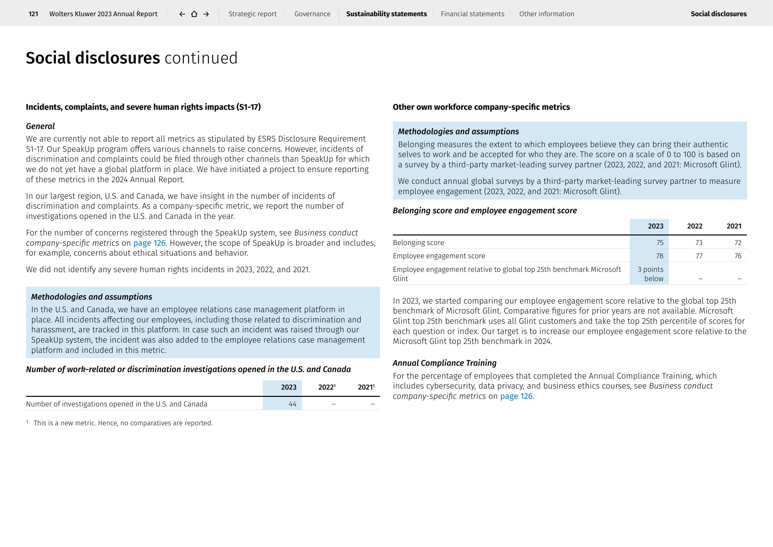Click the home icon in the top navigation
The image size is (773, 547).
(x=194, y=14)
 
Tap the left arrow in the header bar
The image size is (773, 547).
(x=182, y=14)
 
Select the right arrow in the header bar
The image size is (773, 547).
(x=206, y=14)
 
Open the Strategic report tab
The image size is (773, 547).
(x=252, y=14)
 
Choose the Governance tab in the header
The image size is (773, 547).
(x=312, y=14)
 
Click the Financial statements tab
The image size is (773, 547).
(x=472, y=14)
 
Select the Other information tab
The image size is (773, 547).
(x=546, y=14)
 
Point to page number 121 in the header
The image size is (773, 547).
(x=33, y=14)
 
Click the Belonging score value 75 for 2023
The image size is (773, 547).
(x=660, y=242)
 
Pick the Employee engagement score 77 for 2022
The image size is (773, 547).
(x=699, y=256)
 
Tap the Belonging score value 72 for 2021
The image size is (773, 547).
(x=738, y=242)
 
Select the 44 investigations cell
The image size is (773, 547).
(x=292, y=404)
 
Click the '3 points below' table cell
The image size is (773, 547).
(x=650, y=274)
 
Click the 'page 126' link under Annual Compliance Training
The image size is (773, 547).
(x=516, y=396)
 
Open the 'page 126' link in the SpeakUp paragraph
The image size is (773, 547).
(x=149, y=243)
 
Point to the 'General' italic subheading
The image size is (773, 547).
(x=40, y=126)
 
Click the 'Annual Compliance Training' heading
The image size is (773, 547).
(x=444, y=363)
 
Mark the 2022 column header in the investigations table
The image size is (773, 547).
(x=327, y=387)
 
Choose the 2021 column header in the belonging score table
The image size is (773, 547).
(x=734, y=226)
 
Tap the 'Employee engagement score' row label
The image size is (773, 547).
(x=439, y=256)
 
